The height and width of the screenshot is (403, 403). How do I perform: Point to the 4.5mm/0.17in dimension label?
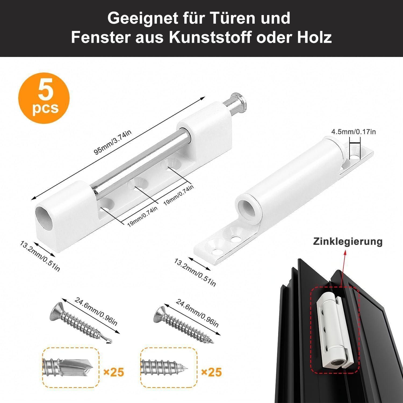tap(353, 132)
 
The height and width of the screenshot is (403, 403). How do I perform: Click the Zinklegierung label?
tap(348, 241)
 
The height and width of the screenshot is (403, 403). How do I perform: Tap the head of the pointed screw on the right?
tap(161, 314)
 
